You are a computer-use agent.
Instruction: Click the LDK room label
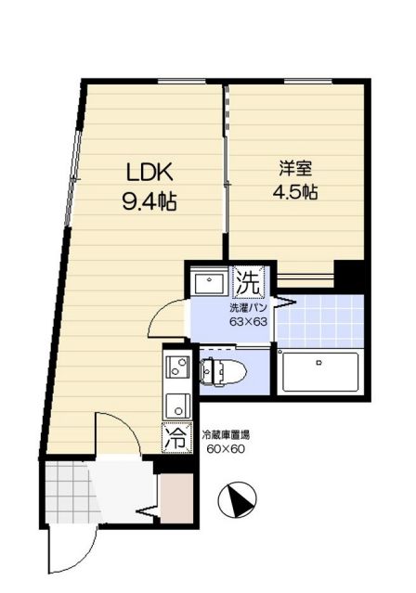point(149,172)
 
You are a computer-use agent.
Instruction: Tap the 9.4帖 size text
point(149,200)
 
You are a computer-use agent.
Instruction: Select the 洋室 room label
point(295,169)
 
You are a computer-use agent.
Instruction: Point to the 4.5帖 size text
point(295,192)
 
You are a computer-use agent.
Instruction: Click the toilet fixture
point(224,372)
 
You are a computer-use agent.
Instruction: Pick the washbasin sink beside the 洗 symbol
point(209,280)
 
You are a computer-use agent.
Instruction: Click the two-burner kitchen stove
point(177,366)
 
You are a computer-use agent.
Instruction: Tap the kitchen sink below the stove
point(177,405)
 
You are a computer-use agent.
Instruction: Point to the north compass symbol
point(238,500)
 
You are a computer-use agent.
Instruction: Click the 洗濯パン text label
point(248,308)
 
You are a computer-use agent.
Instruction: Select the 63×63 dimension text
point(248,322)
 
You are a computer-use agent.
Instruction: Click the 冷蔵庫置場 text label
point(226,435)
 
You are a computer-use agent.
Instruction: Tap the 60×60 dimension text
point(226,449)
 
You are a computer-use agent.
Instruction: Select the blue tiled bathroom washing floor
point(320,321)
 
